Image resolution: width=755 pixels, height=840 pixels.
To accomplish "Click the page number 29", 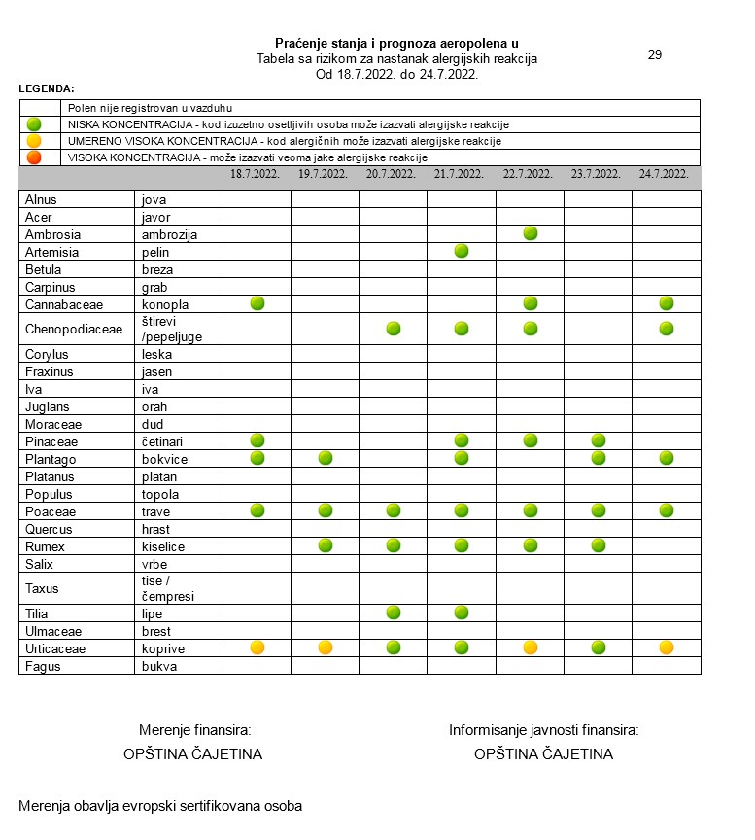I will click(655, 54).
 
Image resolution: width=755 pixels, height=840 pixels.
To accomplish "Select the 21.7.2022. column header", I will click(461, 175).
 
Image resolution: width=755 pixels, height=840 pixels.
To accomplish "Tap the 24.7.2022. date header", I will click(666, 175).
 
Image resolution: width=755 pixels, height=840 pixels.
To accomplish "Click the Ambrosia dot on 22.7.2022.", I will click(530, 233).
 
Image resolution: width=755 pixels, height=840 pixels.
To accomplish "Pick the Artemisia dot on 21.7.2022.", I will click(462, 251).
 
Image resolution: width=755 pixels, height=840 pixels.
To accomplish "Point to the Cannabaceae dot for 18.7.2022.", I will click(257, 303).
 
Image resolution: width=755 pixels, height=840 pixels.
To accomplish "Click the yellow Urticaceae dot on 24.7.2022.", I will click(667, 647).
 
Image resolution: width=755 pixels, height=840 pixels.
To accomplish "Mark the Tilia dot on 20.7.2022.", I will click(394, 612).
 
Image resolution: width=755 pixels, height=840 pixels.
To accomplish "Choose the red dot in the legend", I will click(35, 157).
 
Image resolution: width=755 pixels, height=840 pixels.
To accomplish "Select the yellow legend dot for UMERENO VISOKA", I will click(35, 141).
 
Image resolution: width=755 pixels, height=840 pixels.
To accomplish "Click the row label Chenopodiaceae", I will click(74, 329).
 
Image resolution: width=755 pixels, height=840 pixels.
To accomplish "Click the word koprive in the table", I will click(162, 648).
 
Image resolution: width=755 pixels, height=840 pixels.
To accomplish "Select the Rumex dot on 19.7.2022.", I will click(326, 545).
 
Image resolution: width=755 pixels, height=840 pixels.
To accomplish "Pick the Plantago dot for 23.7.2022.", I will click(599, 458).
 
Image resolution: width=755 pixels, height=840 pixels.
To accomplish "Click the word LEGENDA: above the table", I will click(47, 88).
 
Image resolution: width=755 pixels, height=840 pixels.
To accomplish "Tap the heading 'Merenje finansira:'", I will click(195, 730).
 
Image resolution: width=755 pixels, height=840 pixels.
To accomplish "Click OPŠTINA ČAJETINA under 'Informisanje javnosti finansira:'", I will click(543, 753).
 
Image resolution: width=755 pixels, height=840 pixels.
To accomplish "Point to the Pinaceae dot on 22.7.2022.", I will click(530, 440).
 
